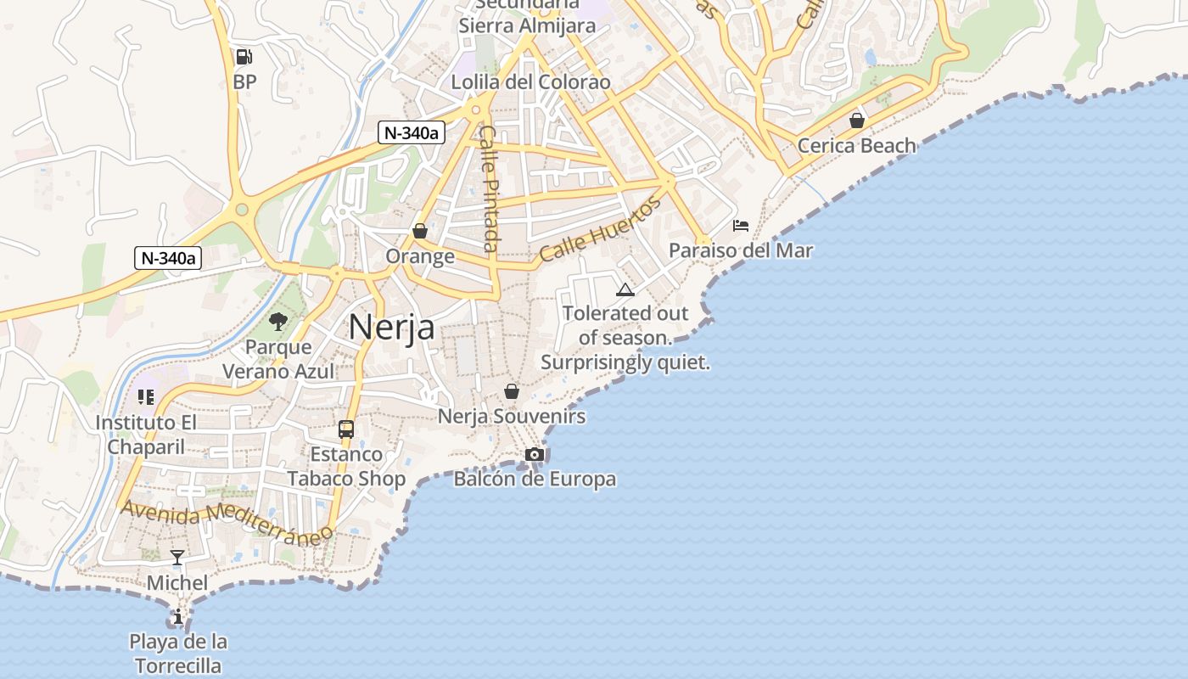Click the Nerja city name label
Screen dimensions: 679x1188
click(x=391, y=327)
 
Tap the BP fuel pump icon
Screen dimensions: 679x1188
click(x=244, y=57)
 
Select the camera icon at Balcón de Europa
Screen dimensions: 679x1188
click(x=534, y=455)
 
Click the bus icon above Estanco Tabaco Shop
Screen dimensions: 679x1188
click(x=346, y=429)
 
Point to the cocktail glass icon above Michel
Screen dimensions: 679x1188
click(x=177, y=558)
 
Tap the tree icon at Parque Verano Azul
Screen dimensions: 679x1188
click(x=277, y=322)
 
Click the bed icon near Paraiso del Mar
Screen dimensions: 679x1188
click(x=741, y=226)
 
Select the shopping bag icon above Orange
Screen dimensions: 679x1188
click(x=419, y=231)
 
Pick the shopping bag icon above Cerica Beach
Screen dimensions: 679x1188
click(x=857, y=121)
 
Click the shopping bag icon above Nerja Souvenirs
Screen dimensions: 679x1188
click(x=511, y=391)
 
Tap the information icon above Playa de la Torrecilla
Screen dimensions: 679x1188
click(x=178, y=617)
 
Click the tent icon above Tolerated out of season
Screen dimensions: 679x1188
click(x=625, y=289)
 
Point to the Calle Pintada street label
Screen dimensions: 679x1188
click(x=489, y=188)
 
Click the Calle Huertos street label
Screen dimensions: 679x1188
click(x=600, y=228)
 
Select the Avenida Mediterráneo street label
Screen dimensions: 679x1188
click(x=227, y=522)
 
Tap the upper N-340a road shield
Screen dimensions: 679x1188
click(x=412, y=132)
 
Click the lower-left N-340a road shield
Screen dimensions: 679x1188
click(x=167, y=258)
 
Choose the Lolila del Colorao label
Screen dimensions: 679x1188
click(x=530, y=82)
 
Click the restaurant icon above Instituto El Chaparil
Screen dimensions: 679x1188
click(x=146, y=397)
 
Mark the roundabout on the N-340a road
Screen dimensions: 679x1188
click(x=242, y=209)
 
